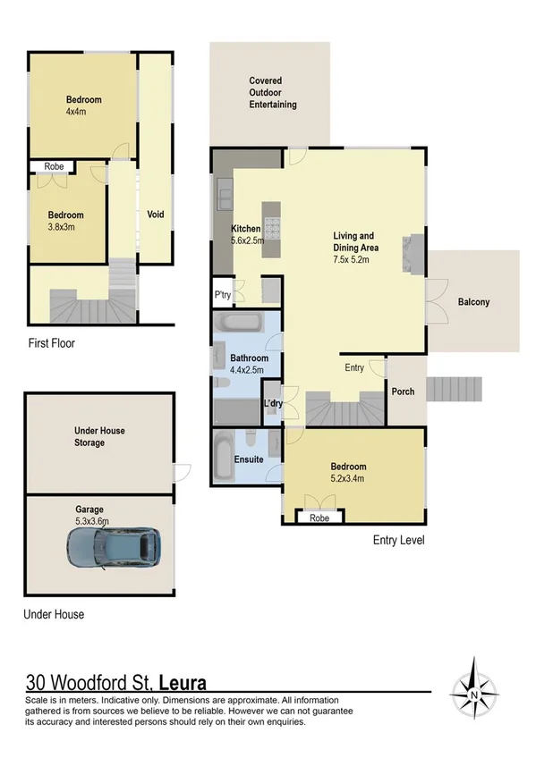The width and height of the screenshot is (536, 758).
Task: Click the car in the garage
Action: (113, 547)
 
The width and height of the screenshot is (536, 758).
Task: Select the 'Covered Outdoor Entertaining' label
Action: (273, 93)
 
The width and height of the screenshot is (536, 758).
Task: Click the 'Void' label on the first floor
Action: (155, 215)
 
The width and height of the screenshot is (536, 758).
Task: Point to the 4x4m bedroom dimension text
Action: (84, 113)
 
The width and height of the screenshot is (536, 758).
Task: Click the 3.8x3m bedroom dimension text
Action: (66, 227)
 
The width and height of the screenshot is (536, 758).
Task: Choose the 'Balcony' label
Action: (473, 302)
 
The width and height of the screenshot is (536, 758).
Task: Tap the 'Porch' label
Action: (402, 392)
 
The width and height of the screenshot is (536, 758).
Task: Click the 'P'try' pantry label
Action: (222, 293)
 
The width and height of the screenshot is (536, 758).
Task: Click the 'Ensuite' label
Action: (248, 459)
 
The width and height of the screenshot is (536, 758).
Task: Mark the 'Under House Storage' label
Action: (99, 436)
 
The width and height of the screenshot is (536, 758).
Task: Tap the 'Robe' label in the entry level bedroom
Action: (318, 518)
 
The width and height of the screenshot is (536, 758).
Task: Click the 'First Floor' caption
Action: (51, 343)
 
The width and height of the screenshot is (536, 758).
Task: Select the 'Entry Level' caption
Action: (398, 541)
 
